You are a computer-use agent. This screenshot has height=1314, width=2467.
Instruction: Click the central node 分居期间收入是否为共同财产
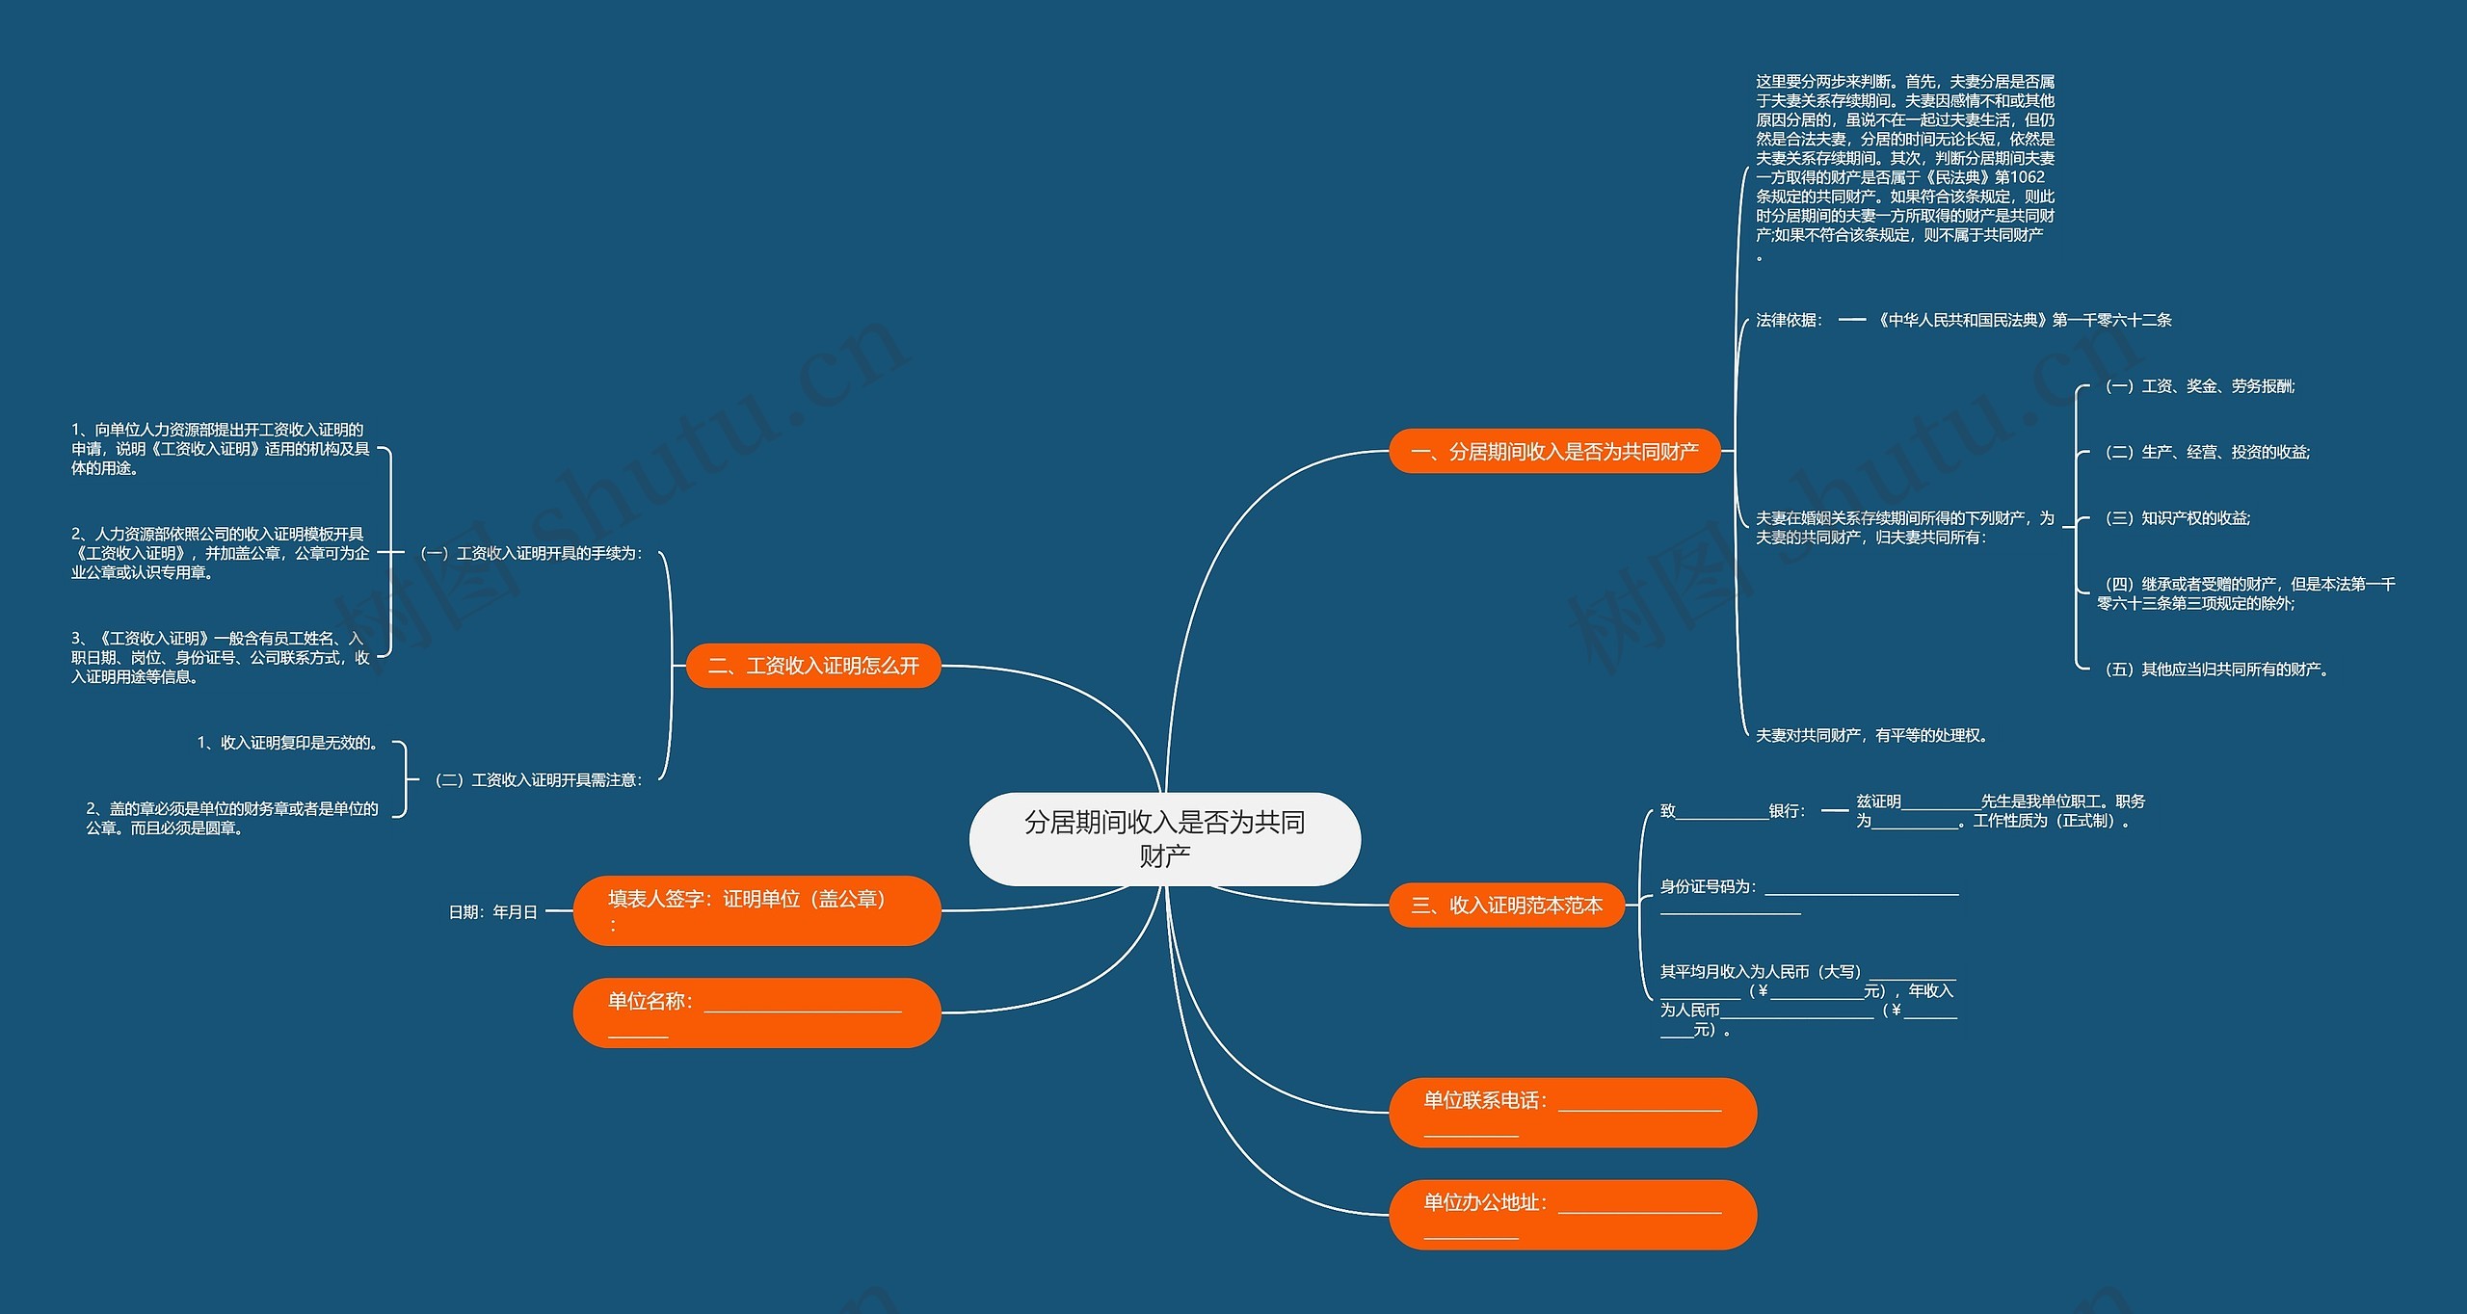pos(1164,838)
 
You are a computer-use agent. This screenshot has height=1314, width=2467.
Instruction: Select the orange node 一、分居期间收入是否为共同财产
pos(1553,451)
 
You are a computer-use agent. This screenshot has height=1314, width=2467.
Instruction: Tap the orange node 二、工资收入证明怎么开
pos(813,666)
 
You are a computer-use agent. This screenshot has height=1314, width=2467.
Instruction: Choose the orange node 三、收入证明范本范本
pos(1506,906)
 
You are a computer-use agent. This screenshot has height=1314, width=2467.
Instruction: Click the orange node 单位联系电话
pos(1572,1112)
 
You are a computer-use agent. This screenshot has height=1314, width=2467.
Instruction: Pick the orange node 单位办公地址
pos(1572,1214)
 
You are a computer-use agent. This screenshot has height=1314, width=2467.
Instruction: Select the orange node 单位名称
pos(756,1012)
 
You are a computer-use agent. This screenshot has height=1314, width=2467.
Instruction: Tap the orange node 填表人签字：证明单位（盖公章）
pos(756,910)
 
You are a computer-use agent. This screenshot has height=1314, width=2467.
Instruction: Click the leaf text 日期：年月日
pos(492,911)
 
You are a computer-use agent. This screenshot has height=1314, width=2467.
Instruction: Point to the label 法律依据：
pos(1789,320)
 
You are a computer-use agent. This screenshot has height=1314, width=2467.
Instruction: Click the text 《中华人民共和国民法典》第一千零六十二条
pos(2023,320)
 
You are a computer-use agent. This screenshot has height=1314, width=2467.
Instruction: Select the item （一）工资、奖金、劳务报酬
pos(2199,386)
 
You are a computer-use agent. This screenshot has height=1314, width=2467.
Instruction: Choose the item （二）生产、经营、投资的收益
pos(2207,452)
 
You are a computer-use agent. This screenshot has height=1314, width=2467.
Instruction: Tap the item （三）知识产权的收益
pos(2177,518)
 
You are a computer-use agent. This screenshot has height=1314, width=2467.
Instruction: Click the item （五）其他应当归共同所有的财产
pos(2215,670)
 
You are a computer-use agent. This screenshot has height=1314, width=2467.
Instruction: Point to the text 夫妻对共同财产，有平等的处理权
pos(1871,735)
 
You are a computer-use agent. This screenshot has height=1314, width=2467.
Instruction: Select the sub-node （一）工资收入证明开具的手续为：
pos(531,553)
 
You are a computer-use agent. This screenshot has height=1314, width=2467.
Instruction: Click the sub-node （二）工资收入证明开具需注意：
pos(539,779)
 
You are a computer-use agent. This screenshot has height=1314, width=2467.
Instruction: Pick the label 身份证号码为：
pos(1708,886)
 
